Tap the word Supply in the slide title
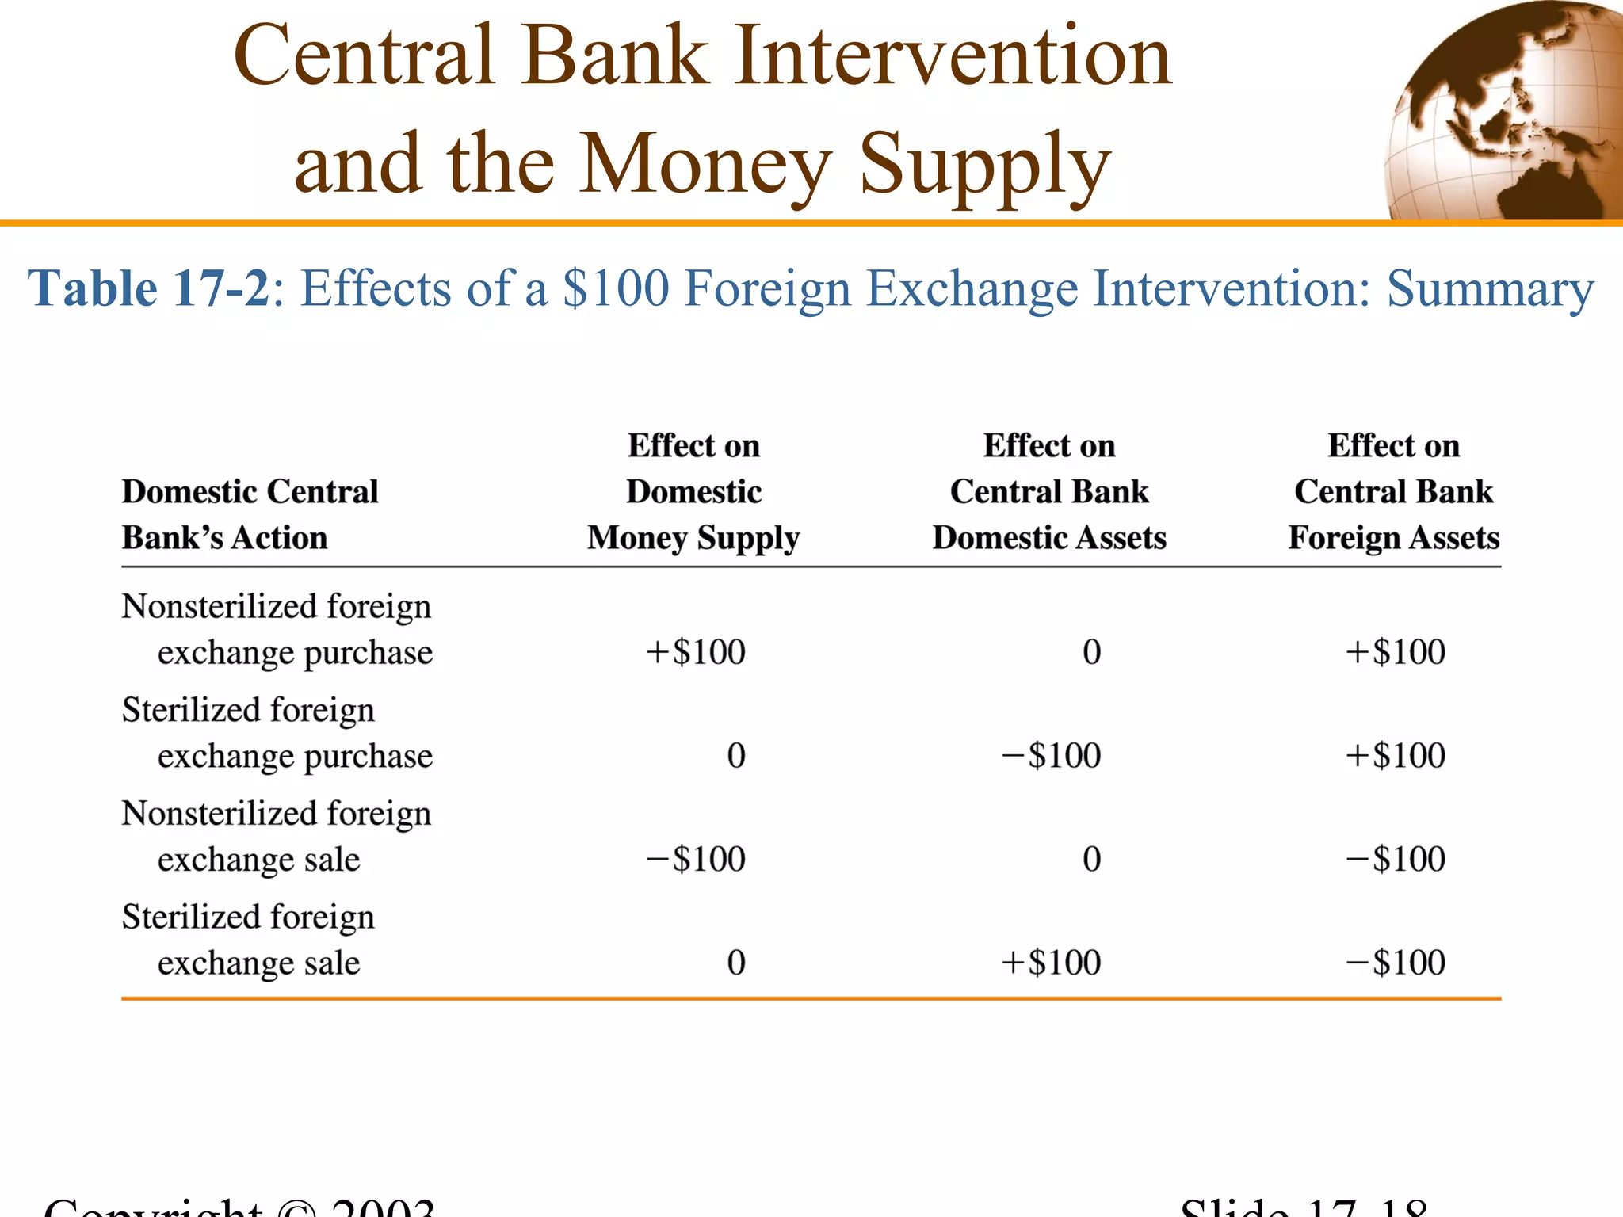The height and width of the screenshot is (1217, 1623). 984,165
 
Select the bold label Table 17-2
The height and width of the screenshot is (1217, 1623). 149,288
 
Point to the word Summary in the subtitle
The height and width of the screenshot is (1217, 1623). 1490,289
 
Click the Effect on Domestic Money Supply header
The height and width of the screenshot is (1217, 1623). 693,492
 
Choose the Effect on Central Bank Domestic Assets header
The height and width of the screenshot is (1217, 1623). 1049,492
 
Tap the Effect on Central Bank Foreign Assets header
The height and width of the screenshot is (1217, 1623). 1394,492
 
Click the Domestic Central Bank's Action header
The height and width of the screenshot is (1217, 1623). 250,514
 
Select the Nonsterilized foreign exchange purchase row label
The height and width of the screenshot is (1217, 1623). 277,629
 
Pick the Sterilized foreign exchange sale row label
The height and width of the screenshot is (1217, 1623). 248,940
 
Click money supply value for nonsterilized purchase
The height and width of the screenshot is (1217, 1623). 696,652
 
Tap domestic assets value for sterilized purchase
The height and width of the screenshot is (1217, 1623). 1052,755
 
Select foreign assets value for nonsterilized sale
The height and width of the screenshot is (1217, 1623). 1396,859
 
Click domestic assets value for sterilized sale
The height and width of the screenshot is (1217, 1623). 1052,963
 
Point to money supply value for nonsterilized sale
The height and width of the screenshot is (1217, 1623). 696,859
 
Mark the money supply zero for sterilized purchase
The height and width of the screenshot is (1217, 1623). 736,755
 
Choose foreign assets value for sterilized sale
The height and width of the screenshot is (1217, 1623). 1396,963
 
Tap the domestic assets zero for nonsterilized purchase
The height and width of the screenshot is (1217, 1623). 1091,652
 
